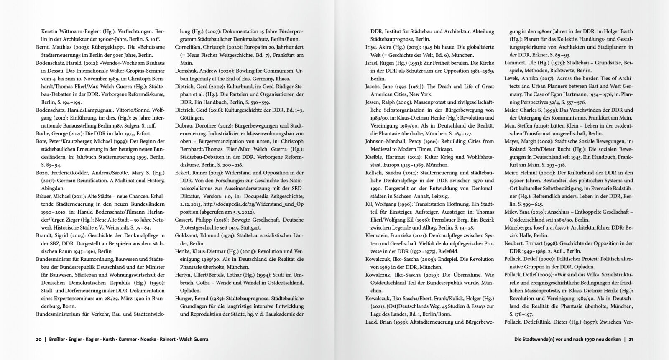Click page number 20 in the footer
pyautogui.click(x=38, y=339)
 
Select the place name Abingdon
pyautogui.click(x=52, y=188)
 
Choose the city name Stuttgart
pyautogui.click(x=250, y=228)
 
